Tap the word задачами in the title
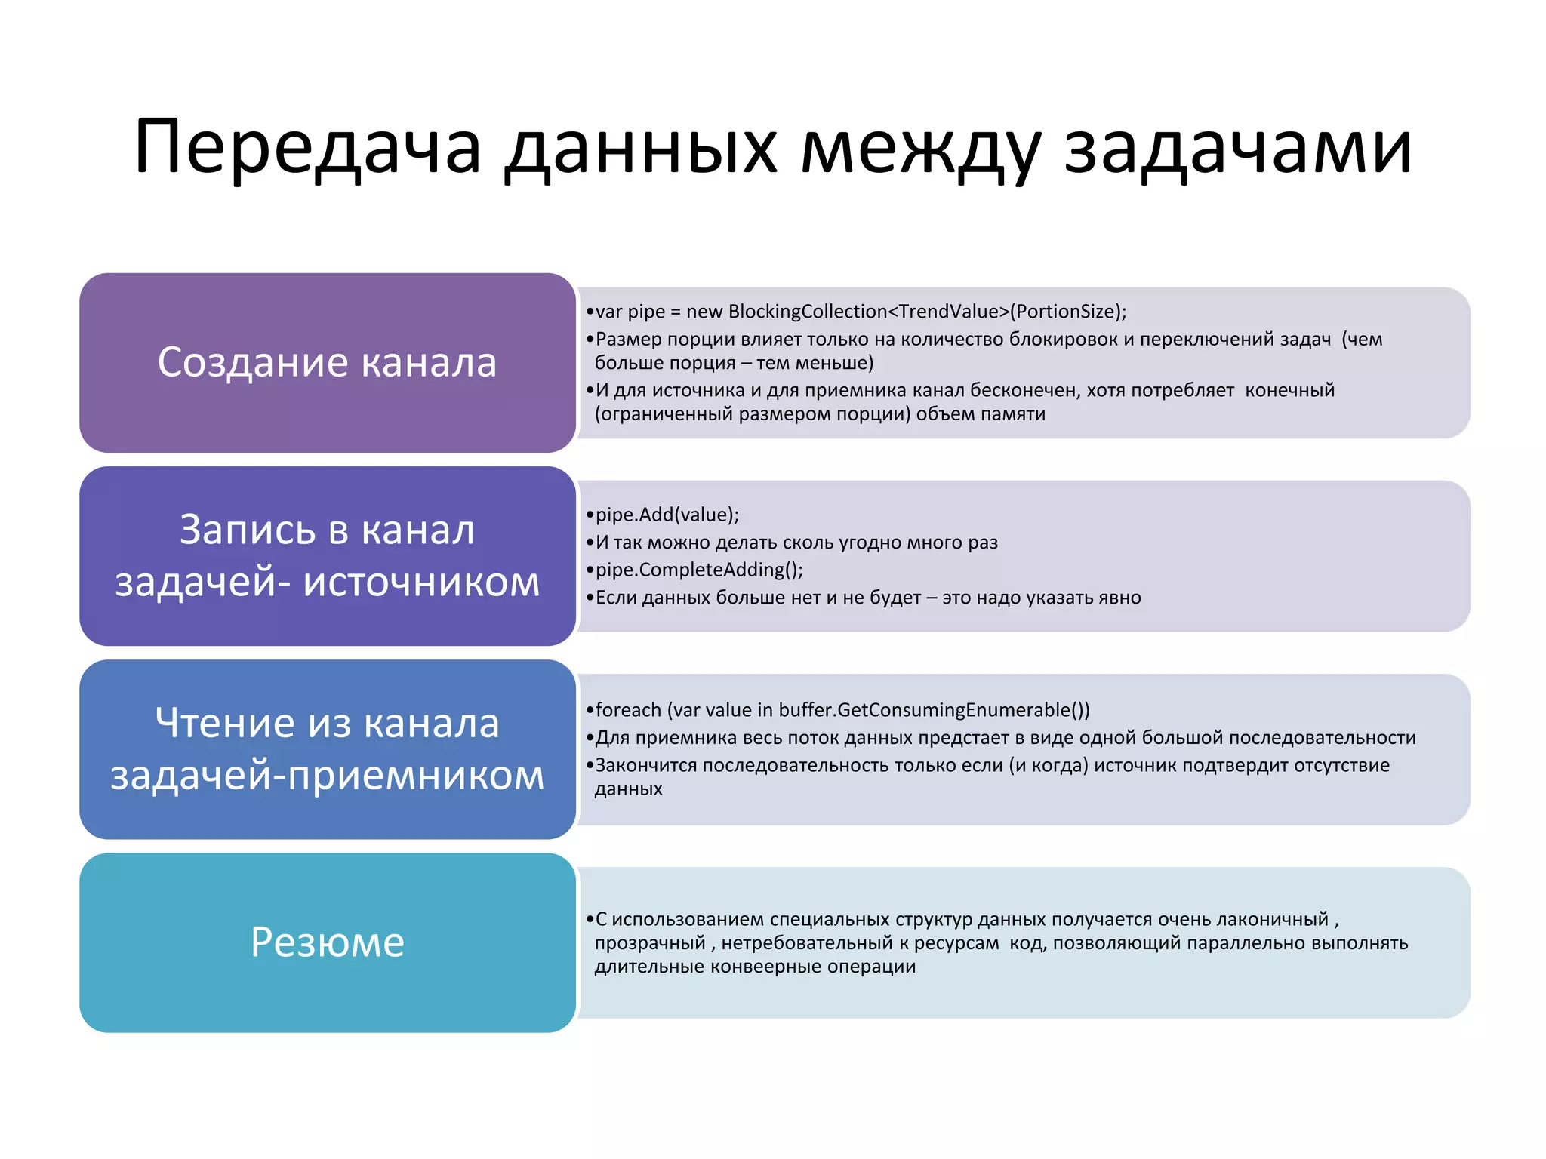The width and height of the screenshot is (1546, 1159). [x=1237, y=147]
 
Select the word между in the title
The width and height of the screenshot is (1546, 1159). [x=920, y=147]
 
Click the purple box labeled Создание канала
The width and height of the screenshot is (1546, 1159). [x=327, y=362]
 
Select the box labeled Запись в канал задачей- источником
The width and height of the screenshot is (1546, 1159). [x=327, y=555]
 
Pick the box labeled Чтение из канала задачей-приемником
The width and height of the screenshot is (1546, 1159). [x=327, y=749]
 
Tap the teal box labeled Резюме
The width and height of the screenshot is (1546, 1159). [x=327, y=942]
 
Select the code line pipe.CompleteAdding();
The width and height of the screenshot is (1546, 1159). [x=698, y=570]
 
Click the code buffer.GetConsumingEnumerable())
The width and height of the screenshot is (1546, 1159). [x=934, y=710]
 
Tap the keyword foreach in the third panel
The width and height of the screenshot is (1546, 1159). [x=628, y=710]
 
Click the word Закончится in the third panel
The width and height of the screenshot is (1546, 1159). [x=645, y=765]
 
